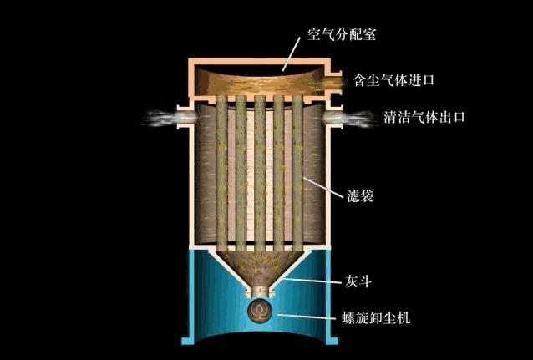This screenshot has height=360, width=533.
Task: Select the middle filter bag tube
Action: click(x=260, y=167)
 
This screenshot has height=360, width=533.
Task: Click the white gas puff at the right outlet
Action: click(x=350, y=119)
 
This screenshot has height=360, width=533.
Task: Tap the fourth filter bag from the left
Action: click(x=282, y=167)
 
